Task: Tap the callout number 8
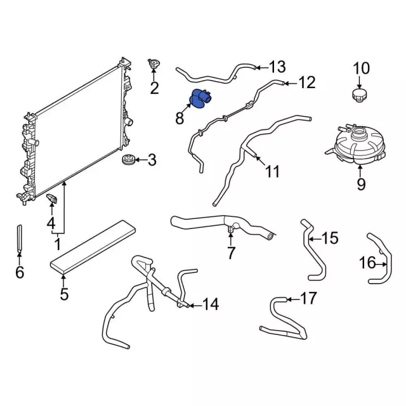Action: click(x=180, y=118)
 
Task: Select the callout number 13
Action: click(x=278, y=67)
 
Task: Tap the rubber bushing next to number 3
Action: click(x=128, y=160)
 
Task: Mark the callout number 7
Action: click(x=231, y=253)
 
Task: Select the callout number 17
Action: click(x=308, y=298)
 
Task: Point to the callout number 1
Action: click(x=57, y=244)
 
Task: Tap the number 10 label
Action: click(x=360, y=68)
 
